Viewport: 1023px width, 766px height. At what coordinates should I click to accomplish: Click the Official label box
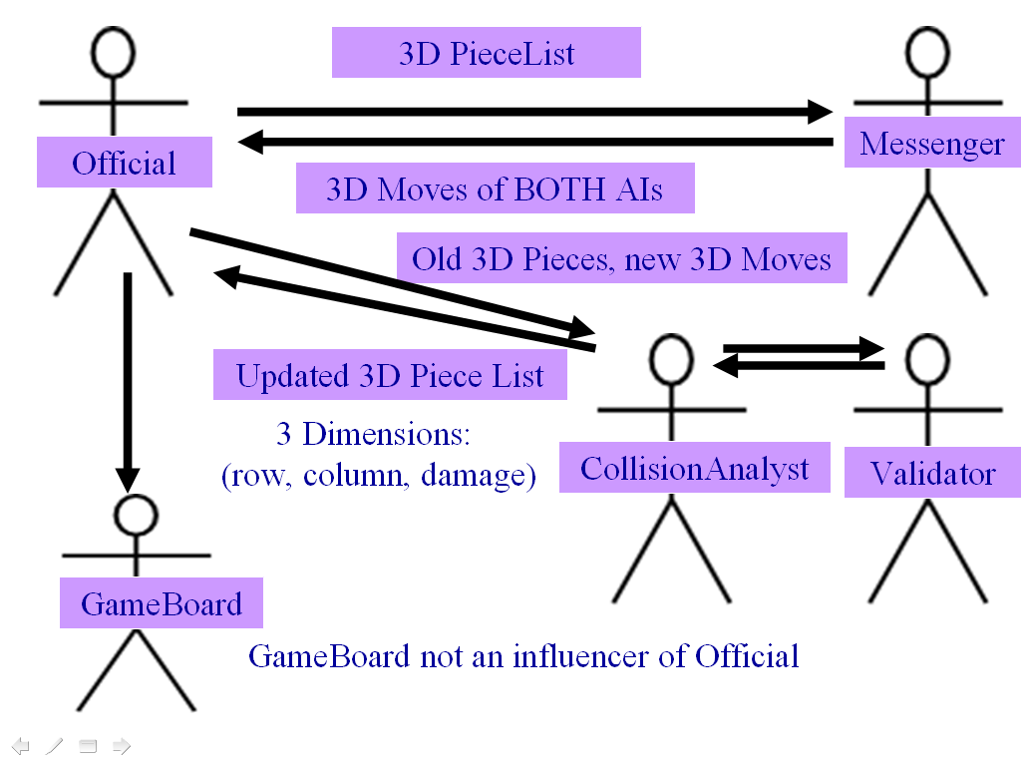pyautogui.click(x=124, y=163)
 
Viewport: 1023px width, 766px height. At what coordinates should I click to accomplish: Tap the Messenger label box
pyautogui.click(x=932, y=144)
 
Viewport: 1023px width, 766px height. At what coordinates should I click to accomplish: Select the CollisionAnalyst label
pyautogui.click(x=694, y=468)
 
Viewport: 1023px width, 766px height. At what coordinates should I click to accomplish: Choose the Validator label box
pyautogui.click(x=932, y=472)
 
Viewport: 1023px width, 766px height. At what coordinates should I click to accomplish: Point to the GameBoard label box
pyautogui.click(x=162, y=603)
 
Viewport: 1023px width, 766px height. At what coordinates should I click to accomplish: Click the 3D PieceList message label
pyautogui.click(x=487, y=53)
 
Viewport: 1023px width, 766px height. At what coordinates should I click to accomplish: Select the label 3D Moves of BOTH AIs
pyautogui.click(x=495, y=189)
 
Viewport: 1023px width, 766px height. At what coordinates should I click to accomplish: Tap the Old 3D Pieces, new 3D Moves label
pyautogui.click(x=622, y=258)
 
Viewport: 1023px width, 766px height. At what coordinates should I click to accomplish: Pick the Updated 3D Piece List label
pyautogui.click(x=390, y=375)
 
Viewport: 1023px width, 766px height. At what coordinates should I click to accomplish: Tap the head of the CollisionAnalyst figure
pyautogui.click(x=671, y=355)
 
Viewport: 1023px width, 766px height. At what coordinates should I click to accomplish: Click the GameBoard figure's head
pyautogui.click(x=135, y=515)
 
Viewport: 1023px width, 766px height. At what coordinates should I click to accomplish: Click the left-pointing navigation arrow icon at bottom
pyautogui.click(x=21, y=745)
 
